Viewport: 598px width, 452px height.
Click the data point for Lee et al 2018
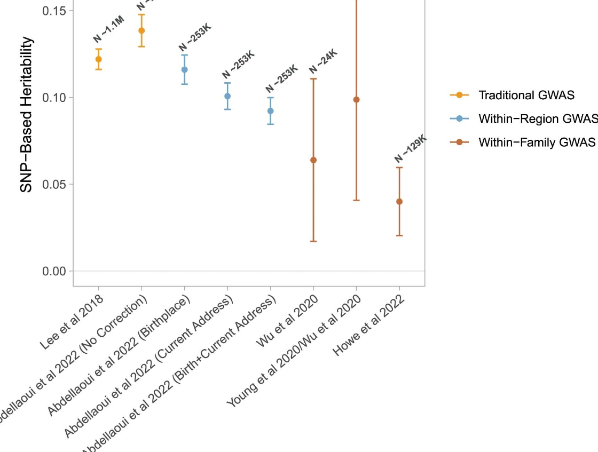pos(98,59)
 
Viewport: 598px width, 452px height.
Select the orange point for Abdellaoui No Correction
pos(141,30)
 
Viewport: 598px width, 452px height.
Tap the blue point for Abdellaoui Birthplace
pos(184,69)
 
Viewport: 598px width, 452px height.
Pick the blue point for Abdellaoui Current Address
pos(227,96)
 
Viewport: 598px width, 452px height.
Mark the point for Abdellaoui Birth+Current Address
pos(271,111)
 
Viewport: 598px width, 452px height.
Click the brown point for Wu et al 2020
pos(313,160)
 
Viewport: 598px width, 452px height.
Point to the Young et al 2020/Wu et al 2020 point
pos(357,100)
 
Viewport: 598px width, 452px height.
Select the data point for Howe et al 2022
pos(399,202)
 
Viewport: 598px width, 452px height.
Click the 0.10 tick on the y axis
pos(54,98)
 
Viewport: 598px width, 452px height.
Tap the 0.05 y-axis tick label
pos(54,185)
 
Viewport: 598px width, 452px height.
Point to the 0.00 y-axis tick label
pos(54,271)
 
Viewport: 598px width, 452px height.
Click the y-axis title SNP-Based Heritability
pos(27,115)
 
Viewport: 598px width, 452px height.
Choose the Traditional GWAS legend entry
pos(526,96)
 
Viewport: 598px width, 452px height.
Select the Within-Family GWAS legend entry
pos(537,142)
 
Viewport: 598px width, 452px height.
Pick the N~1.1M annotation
pos(108,30)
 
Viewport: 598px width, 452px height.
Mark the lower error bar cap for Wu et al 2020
pos(313,241)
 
